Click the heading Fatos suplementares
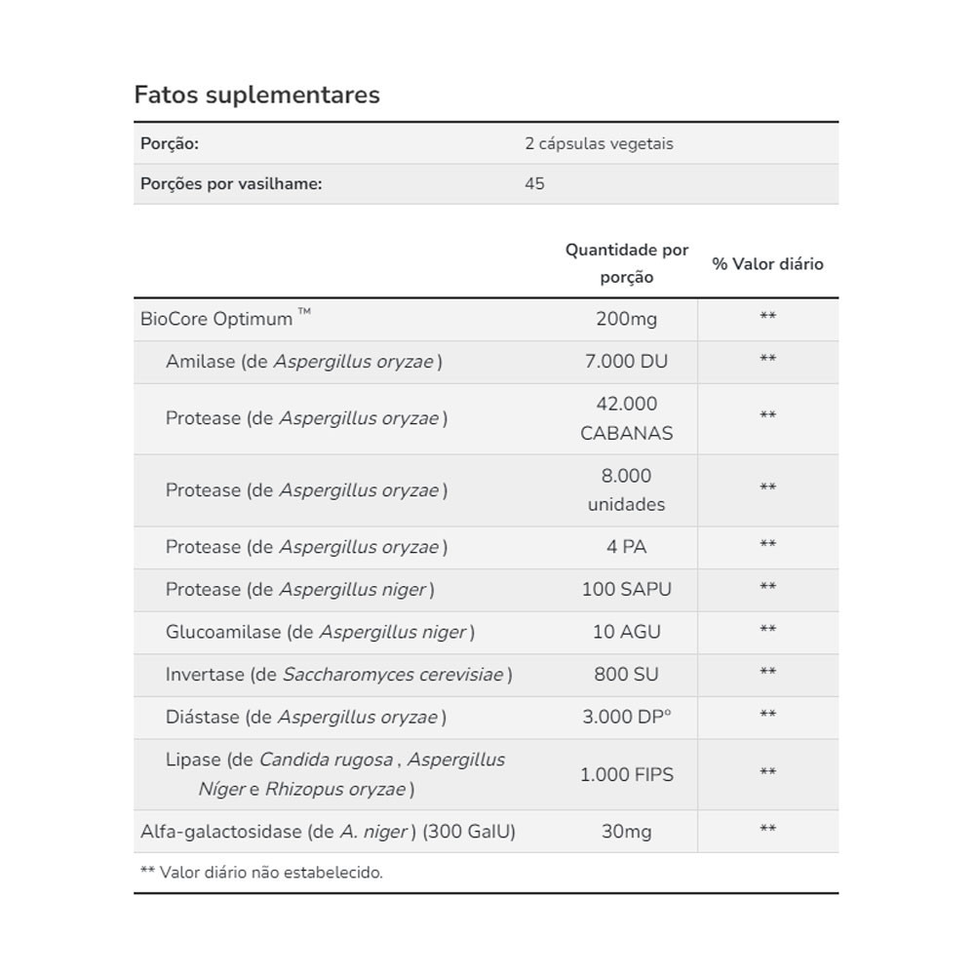[256, 95]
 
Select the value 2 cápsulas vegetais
[599, 143]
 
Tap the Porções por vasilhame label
[231, 183]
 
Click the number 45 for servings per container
[534, 183]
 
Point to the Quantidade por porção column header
[627, 263]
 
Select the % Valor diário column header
[767, 264]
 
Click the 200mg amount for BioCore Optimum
[627, 319]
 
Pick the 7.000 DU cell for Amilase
[627, 362]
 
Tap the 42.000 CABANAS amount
[627, 418]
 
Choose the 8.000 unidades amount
[627, 490]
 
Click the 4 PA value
[627, 547]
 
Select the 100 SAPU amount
[627, 590]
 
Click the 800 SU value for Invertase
[627, 675]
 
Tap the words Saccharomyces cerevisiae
[393, 675]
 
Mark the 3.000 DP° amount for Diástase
[627, 718]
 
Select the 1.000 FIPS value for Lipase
[627, 775]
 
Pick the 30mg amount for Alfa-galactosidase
[627, 832]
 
